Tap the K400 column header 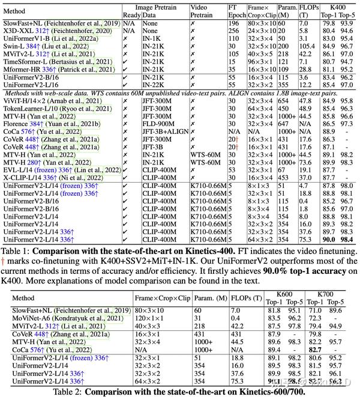[338, 7]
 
